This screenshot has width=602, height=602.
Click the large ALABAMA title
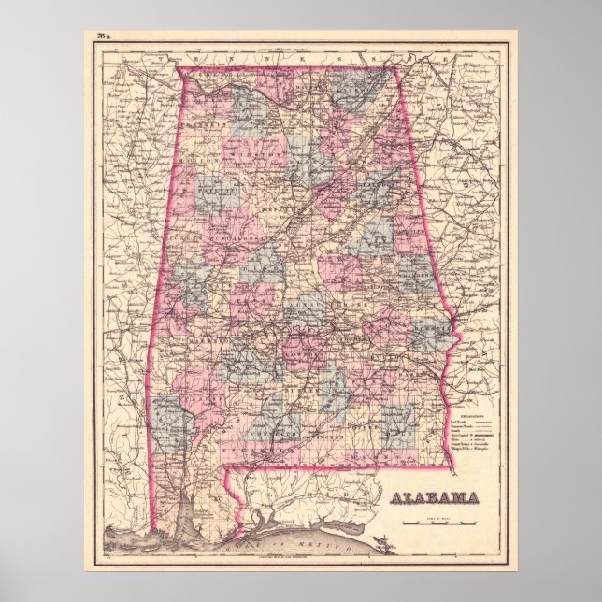tap(434, 496)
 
